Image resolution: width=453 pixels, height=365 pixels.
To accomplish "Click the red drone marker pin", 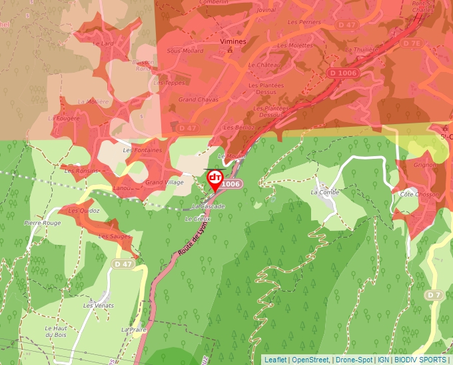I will (215, 179).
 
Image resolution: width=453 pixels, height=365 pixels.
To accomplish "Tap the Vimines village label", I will (232, 41).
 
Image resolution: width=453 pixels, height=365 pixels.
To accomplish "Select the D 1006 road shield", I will (342, 73).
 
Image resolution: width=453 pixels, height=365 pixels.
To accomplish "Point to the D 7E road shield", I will (412, 43).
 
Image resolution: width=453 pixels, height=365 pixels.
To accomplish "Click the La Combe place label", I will (325, 192).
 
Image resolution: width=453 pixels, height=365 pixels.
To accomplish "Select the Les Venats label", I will (98, 305).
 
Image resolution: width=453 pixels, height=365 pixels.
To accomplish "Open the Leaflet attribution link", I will (275, 360).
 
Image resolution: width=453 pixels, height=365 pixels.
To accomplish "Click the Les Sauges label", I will (115, 236).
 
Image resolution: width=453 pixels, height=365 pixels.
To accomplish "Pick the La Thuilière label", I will (362, 49).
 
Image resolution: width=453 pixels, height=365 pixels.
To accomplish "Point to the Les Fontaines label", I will (143, 150).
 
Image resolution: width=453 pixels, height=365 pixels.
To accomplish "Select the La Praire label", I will (134, 330).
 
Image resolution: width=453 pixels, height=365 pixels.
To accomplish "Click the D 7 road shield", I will (434, 294).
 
